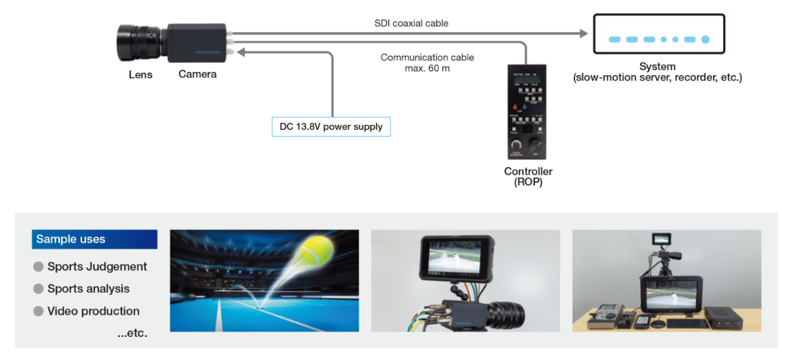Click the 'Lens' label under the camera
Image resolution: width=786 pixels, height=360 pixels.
140,74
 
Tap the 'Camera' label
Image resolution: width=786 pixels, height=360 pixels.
197,74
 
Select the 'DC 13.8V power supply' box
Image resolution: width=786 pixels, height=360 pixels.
331,126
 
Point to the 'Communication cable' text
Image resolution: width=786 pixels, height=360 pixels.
427,58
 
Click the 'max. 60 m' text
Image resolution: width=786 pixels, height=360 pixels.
427,68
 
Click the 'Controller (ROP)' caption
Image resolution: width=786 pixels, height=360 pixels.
528,177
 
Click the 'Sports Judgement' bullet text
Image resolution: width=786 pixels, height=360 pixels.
97,267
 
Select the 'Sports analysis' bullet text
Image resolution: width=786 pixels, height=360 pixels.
88,289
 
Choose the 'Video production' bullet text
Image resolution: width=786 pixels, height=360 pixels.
93,311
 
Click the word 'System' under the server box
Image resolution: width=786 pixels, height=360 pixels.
657,67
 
